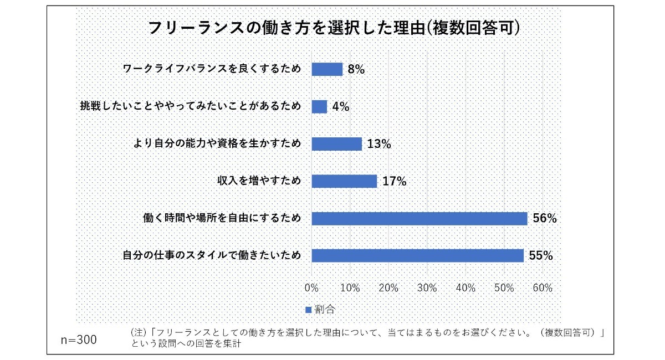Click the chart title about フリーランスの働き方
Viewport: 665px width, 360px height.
pyautogui.click(x=332, y=28)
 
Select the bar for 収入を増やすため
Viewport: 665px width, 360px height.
pyautogui.click(x=344, y=181)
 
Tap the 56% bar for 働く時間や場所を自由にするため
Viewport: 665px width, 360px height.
pyautogui.click(x=419, y=218)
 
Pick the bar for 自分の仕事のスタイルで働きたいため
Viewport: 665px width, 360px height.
pyautogui.click(x=417, y=255)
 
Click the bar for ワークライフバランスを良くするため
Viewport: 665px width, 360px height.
pyautogui.click(x=327, y=69)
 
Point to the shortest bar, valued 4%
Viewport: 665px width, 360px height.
pyautogui.click(x=319, y=106)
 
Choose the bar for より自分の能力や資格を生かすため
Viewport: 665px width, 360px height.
pyautogui.click(x=336, y=144)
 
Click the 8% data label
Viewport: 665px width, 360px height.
pyautogui.click(x=356, y=70)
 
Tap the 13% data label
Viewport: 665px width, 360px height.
pyautogui.click(x=379, y=144)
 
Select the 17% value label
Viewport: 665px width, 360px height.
pyautogui.click(x=394, y=181)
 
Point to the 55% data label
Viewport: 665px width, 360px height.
pyautogui.click(x=541, y=255)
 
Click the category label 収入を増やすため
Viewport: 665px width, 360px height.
pyautogui.click(x=259, y=181)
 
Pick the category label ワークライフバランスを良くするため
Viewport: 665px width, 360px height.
pyautogui.click(x=212, y=69)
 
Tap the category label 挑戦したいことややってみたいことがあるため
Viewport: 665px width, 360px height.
pyautogui.click(x=191, y=106)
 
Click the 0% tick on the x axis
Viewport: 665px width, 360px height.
pyautogui.click(x=311, y=288)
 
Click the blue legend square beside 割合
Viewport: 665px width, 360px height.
pyautogui.click(x=309, y=309)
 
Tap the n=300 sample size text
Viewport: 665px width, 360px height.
pyautogui.click(x=78, y=340)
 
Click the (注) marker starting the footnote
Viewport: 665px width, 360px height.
pyautogui.click(x=138, y=333)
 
